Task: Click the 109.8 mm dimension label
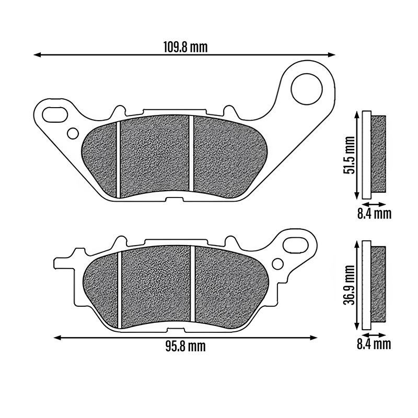click(x=185, y=47)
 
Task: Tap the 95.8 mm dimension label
click(x=185, y=346)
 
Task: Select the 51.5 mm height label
click(x=349, y=155)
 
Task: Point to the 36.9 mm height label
click(x=349, y=285)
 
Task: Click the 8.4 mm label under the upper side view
click(x=374, y=214)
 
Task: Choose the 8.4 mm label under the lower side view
click(x=374, y=344)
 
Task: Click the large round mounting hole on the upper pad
click(x=307, y=89)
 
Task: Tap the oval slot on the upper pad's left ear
click(x=55, y=114)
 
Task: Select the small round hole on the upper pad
click(x=73, y=134)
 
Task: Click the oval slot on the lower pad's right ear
click(x=295, y=245)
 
